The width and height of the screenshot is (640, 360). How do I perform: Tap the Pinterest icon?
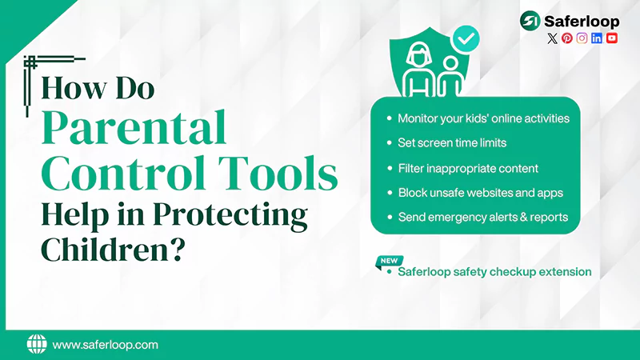point(567,38)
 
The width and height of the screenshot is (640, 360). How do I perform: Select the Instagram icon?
point(582,38)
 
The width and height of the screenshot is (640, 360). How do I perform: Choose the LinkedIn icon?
point(597,38)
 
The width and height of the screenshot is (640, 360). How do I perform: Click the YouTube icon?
point(612,38)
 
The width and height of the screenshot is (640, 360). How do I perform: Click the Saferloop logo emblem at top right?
point(530,20)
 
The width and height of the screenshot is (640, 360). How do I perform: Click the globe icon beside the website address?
point(37,345)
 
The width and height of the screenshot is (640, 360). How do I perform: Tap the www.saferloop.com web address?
point(105,345)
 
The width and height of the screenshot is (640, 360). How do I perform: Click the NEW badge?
point(389,261)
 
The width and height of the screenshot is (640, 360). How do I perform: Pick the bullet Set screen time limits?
point(452,143)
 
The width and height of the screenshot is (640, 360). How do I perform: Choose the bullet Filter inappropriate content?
point(467,168)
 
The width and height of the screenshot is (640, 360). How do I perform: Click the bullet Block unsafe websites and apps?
point(480,193)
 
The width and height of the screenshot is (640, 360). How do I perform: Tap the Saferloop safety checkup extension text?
point(494,272)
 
